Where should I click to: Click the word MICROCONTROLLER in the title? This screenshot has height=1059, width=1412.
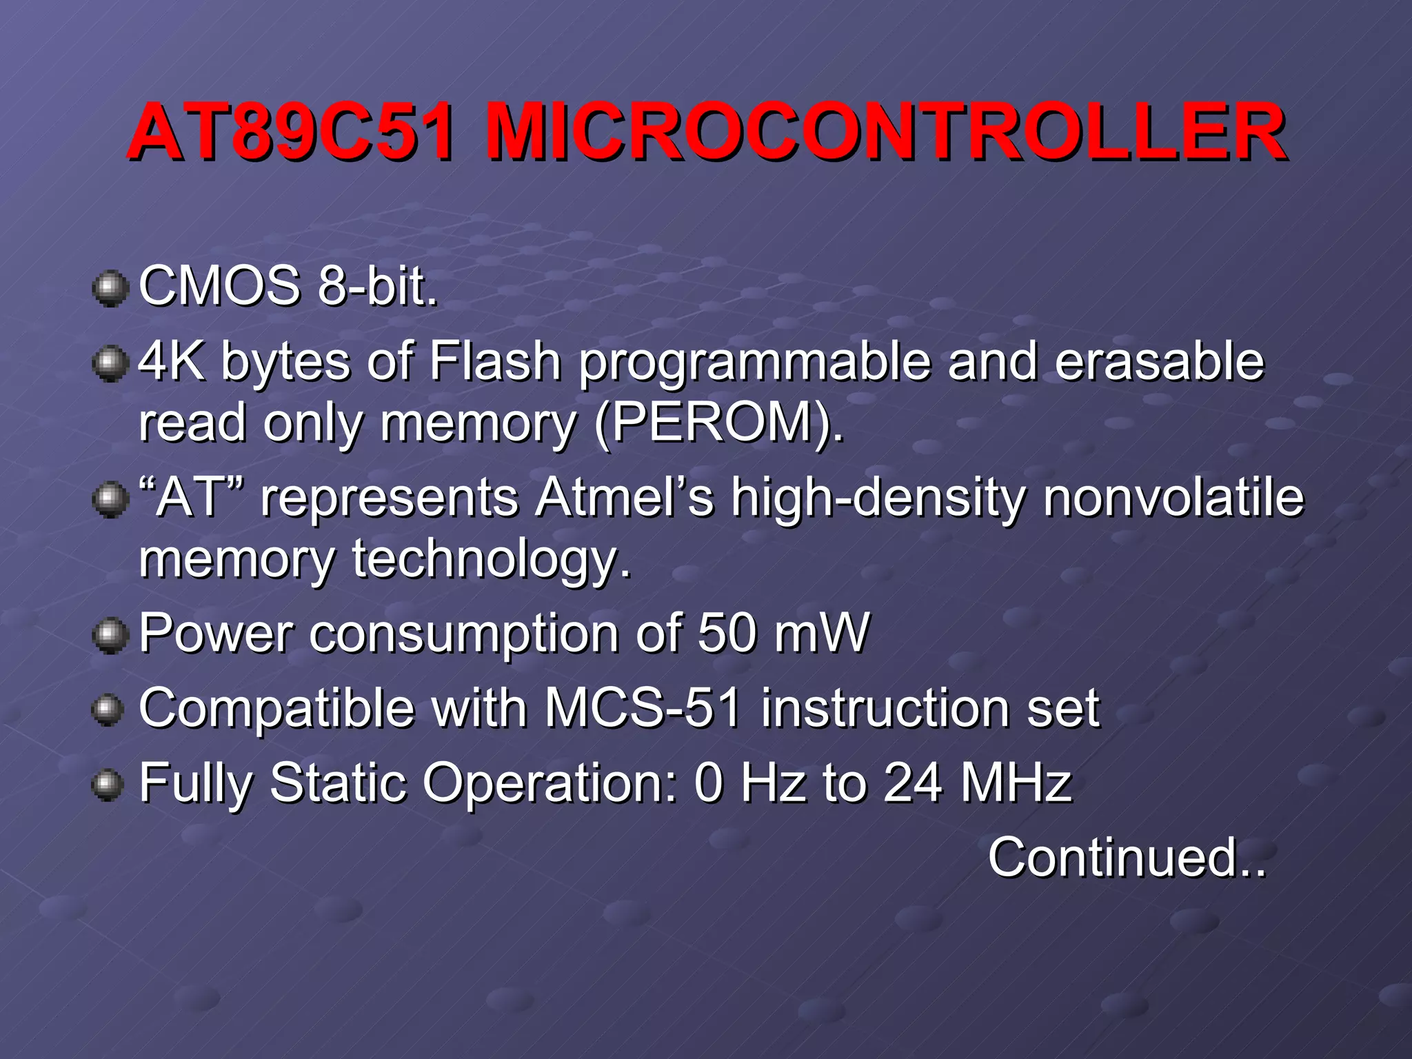(885, 131)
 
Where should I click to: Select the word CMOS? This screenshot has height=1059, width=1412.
(220, 286)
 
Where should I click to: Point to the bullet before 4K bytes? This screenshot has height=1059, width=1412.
(110, 363)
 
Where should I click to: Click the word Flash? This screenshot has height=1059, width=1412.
(494, 361)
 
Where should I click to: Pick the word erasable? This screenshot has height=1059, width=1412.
(1160, 361)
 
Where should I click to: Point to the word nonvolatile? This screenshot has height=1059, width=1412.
(1173, 497)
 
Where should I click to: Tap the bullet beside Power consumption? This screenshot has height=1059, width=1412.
(110, 635)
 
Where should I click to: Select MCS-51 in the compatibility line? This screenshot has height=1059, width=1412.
(643, 708)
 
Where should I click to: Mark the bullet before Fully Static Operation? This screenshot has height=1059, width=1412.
(108, 785)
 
